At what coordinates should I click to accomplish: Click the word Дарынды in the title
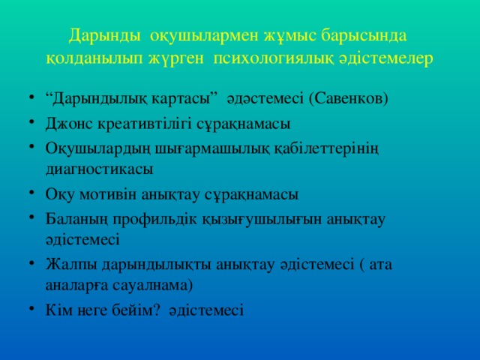pos(104,35)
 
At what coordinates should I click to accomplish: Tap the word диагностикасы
pos(98,169)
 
